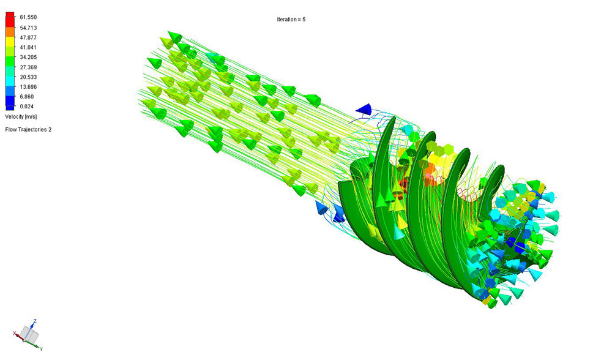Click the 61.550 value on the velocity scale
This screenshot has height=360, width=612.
coord(28,17)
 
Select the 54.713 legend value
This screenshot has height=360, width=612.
coord(28,28)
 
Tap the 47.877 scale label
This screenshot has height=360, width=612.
coord(28,37)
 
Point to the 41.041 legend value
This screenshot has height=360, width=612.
coord(28,47)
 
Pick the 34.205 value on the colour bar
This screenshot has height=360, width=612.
coord(28,57)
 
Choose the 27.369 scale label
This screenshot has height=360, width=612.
coord(28,67)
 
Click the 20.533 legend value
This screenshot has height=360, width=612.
coord(28,77)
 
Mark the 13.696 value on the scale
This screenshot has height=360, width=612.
coord(28,87)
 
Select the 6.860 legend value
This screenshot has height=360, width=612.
coord(27,97)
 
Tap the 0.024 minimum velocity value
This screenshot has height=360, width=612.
coord(27,106)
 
